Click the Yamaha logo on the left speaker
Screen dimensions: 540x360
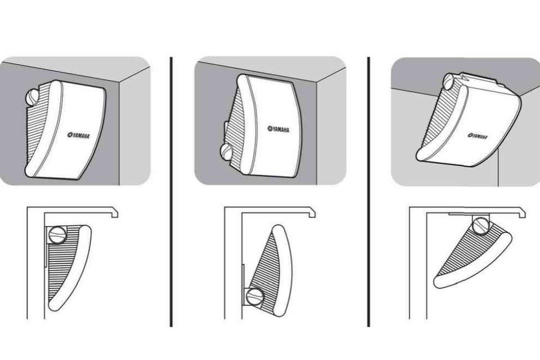tap(79, 136)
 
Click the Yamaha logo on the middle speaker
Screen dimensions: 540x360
tap(278, 129)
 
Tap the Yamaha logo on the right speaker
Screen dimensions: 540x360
tap(478, 136)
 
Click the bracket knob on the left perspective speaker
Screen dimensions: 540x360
tap(33, 97)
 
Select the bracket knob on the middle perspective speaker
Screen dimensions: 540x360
tap(227, 151)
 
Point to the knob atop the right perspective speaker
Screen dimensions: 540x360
tap(449, 82)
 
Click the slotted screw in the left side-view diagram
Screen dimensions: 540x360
tap(57, 235)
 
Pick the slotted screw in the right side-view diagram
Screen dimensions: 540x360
tap(481, 226)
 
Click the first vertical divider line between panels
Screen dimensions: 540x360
tap(171, 192)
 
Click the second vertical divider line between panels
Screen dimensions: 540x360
tap(368, 192)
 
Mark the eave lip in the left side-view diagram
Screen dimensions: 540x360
tap(114, 212)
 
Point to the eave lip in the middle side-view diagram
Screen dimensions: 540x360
tap(312, 212)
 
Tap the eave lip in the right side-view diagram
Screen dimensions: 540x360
tap(521, 212)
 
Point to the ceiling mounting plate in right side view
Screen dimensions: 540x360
tap(469, 214)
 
